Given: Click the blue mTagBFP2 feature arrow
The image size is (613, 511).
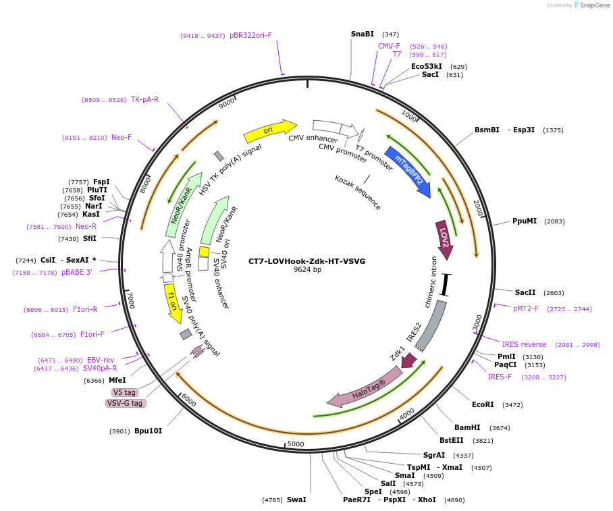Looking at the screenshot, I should point(407,171).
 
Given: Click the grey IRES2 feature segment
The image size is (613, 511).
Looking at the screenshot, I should point(430,327).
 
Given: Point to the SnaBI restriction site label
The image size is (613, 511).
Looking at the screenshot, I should point(362,34).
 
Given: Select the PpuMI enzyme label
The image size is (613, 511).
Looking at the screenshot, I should point(524,221).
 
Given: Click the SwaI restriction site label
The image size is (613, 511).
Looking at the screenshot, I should point(296,500).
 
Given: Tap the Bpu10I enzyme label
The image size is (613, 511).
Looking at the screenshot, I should point(148,431).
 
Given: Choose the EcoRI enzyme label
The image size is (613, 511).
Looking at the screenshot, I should point(483,404).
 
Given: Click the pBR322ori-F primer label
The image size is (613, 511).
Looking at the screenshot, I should point(250,35).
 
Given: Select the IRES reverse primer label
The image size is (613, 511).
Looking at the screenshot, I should point(524,344).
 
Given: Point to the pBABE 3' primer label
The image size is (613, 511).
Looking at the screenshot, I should point(76,272).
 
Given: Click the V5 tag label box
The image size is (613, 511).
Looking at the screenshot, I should point(124,392).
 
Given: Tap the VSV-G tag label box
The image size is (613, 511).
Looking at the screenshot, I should point(125,403).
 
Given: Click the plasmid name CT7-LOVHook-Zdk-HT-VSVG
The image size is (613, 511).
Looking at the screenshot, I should point(306,261).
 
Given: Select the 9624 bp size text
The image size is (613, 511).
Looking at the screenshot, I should point(307,270).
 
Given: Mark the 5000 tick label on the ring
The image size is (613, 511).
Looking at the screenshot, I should point(296,444).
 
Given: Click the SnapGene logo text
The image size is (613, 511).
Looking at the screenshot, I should point(592,5).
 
